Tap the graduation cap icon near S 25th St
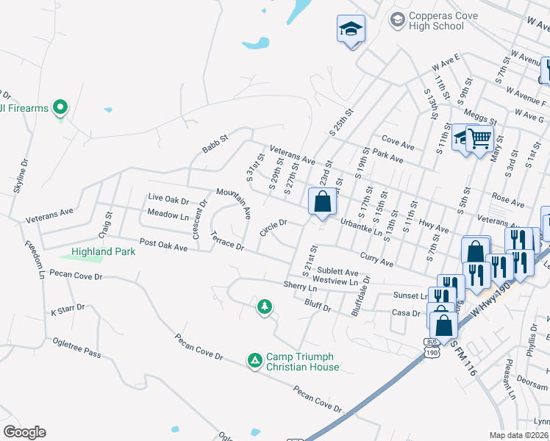click(351, 29)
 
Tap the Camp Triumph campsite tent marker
click(254, 360)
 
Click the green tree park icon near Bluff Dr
click(264, 306)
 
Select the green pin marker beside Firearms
click(61, 108)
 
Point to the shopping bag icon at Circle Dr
click(322, 201)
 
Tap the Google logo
click(24, 432)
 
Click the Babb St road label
click(215, 144)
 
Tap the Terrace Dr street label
click(226, 241)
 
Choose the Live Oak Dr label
click(168, 198)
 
